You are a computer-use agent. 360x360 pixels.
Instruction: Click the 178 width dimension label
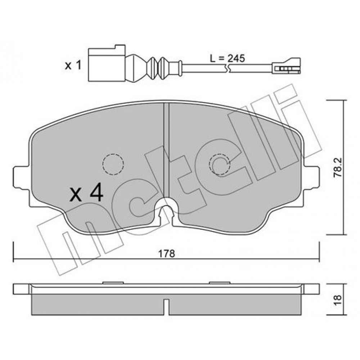pos(166,253)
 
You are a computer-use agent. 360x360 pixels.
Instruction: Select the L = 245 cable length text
pos(227,58)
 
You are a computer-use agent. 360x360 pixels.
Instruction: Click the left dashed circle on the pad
pos(113,165)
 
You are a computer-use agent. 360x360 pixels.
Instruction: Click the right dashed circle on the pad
pos(219,165)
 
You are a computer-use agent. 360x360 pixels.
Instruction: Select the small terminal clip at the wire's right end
pos(286,66)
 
